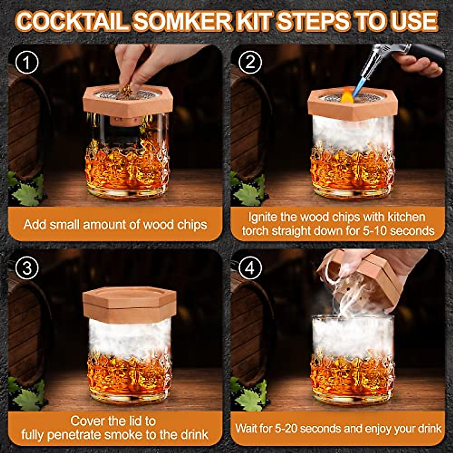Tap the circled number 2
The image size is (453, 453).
pos(250,62)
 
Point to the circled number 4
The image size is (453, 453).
pos(250,268)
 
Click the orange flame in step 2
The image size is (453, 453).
pos(347,96)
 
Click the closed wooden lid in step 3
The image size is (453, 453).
pos(129,304)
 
